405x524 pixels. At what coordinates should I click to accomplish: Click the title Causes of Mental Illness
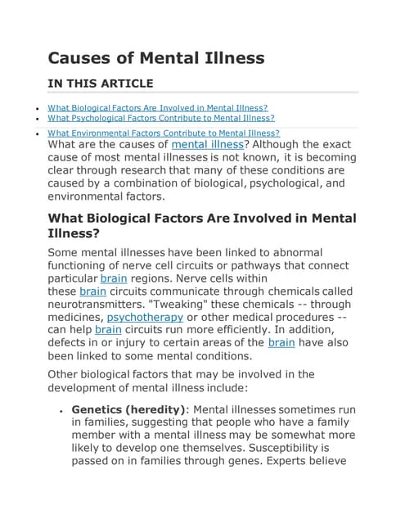click(x=155, y=57)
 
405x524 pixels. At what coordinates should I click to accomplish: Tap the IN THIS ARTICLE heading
click(x=101, y=83)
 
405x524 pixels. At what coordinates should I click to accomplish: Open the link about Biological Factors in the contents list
click(x=158, y=107)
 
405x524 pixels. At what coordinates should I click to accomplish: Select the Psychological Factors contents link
click(x=161, y=118)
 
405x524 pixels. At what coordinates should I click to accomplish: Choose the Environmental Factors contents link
click(x=164, y=133)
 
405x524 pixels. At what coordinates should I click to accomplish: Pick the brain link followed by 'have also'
click(x=281, y=342)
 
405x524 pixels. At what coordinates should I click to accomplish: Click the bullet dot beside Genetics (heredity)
click(x=62, y=410)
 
